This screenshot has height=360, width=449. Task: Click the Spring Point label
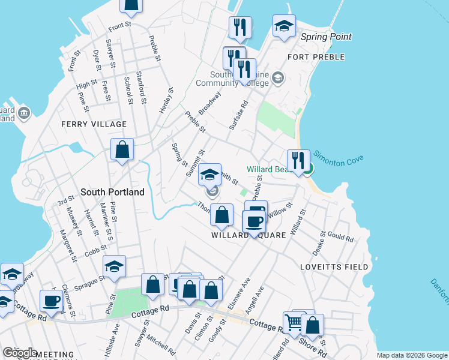tap(326, 37)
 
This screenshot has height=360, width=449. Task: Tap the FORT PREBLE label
tap(316, 57)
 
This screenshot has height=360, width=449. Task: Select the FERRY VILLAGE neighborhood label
tap(94, 124)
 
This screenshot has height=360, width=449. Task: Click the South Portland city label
tap(112, 192)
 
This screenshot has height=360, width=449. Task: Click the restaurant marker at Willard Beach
tap(298, 161)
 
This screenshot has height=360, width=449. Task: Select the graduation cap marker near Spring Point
tap(284, 26)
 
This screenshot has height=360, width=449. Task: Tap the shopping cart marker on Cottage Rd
tap(294, 323)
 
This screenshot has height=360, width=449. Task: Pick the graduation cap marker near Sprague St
tap(114, 266)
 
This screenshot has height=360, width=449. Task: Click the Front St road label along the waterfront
tap(119, 27)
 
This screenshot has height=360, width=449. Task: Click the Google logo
tap(20, 353)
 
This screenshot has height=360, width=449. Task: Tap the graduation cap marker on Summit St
tap(209, 175)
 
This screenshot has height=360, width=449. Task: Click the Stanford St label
tap(141, 88)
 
